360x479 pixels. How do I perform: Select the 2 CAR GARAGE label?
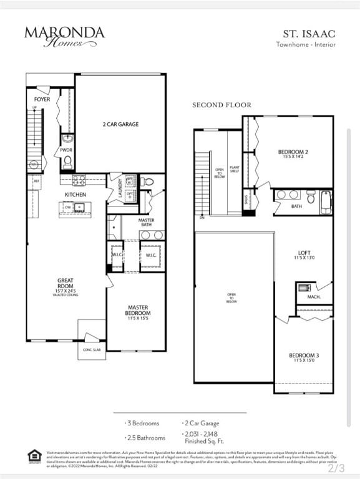[120, 124]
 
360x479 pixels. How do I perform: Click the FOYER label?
[42, 100]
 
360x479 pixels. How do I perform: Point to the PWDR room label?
[66, 150]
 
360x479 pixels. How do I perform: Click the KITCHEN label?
[75, 195]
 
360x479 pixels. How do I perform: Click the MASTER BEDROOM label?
[138, 310]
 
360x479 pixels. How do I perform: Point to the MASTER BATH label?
[147, 223]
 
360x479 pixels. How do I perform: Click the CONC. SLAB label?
[91, 350]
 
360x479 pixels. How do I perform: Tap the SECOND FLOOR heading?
[221, 105]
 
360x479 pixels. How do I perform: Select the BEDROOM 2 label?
[293, 153]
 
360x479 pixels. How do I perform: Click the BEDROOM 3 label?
[304, 357]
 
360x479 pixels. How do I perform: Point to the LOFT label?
[304, 254]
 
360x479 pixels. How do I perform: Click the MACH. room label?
[313, 297]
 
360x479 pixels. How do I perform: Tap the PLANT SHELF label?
[235, 169]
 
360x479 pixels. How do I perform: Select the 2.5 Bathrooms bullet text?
[146, 438]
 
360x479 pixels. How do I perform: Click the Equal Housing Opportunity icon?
[35, 456]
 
